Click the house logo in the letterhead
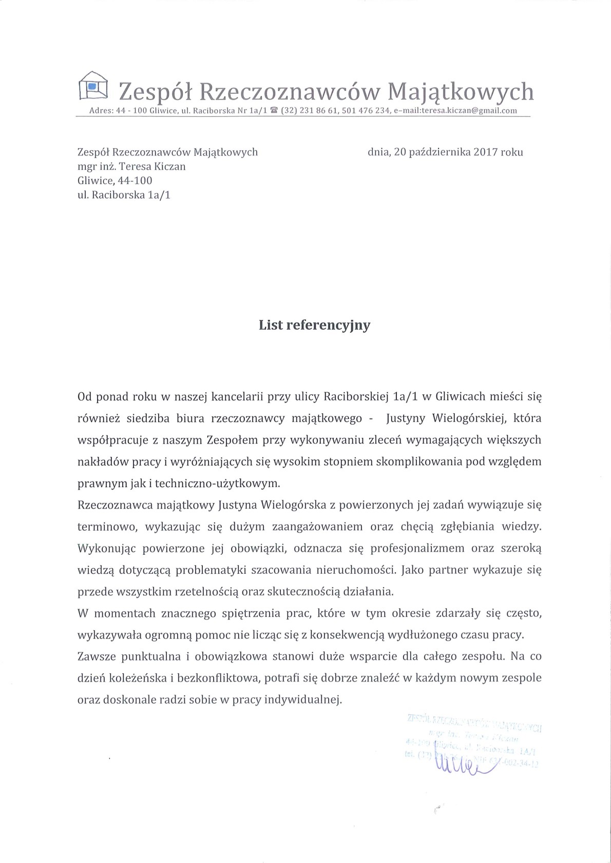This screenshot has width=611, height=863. pyautogui.click(x=93, y=85)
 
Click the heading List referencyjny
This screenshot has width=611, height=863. pyautogui.click(x=314, y=325)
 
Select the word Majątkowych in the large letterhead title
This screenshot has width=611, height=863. pyautogui.click(x=460, y=91)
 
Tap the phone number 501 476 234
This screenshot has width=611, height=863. pyautogui.click(x=366, y=111)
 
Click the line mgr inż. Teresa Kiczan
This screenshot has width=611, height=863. pyautogui.click(x=131, y=166)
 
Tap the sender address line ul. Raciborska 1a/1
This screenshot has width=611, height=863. pyautogui.click(x=124, y=195)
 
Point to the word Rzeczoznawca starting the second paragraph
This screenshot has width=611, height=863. pyautogui.click(x=113, y=505)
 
